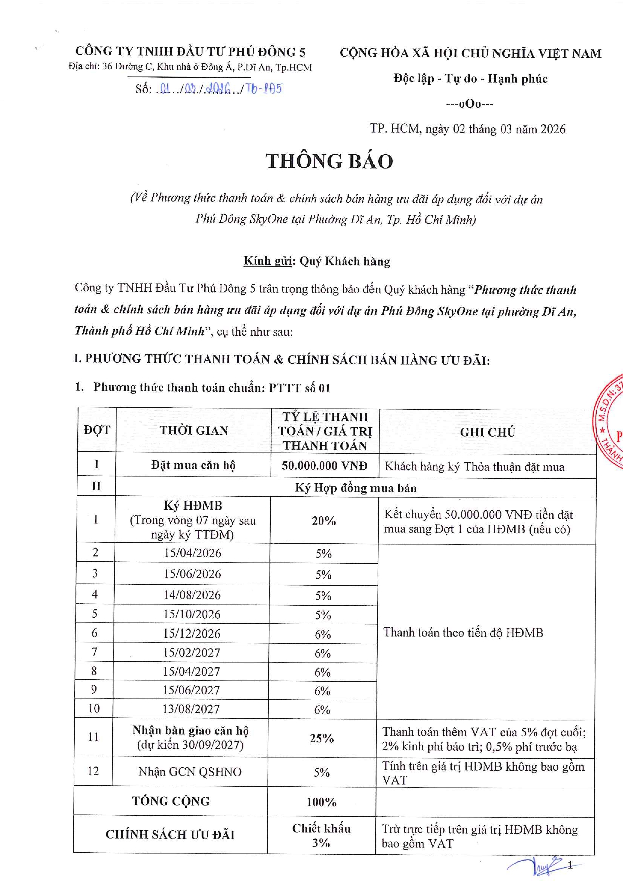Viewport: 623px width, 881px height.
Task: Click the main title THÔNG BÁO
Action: click(x=329, y=161)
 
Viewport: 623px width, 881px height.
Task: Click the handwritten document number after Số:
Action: click(x=219, y=89)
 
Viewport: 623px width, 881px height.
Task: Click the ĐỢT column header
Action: click(x=97, y=430)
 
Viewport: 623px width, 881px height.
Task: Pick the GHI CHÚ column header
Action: click(x=487, y=432)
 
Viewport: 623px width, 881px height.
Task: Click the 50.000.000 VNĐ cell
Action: click(x=324, y=466)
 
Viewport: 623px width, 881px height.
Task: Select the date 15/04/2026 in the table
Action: click(x=193, y=553)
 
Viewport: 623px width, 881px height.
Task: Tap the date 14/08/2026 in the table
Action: click(x=192, y=595)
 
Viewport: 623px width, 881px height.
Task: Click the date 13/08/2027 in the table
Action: click(x=191, y=709)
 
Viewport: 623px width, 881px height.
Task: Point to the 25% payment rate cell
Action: click(x=322, y=738)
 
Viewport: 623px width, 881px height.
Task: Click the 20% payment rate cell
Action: click(x=324, y=521)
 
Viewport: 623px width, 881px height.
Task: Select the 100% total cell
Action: click(x=321, y=802)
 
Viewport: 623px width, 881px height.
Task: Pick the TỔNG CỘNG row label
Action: click(x=171, y=801)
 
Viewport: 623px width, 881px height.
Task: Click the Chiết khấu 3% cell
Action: click(x=321, y=835)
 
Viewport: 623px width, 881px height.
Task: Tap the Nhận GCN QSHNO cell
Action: click(x=190, y=772)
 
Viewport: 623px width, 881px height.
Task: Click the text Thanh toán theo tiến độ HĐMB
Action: click(x=463, y=633)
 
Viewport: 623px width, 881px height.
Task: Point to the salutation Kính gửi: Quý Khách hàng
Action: click(x=317, y=261)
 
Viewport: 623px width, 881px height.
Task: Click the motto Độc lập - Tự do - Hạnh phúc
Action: click(x=470, y=79)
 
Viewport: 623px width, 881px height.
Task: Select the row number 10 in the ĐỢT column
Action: click(x=94, y=708)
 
